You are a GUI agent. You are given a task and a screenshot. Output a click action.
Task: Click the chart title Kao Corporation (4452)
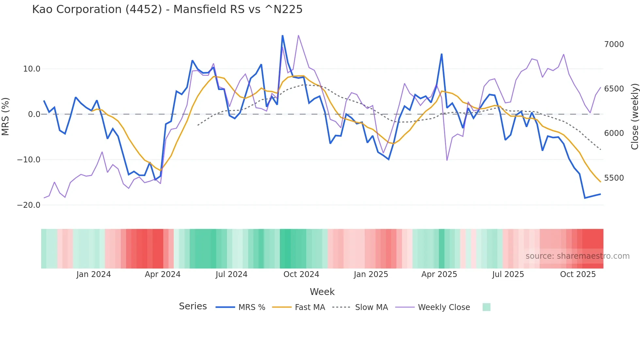point(167,9)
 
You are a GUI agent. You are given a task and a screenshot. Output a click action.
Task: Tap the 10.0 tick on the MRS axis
point(32,69)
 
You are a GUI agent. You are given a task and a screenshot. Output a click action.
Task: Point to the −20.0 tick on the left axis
point(29,205)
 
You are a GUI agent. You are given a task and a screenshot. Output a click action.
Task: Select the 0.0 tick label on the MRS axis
point(34,114)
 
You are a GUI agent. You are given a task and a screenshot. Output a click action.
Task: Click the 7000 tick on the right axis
point(614,44)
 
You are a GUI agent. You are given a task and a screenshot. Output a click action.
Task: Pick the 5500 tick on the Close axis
point(614,178)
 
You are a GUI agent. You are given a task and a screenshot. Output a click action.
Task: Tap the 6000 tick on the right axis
point(614,133)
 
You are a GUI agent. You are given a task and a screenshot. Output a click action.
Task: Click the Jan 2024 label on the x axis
point(94,274)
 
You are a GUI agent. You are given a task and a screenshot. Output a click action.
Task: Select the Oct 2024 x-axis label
point(301,274)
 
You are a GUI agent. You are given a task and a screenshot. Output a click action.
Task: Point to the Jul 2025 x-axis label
point(508,274)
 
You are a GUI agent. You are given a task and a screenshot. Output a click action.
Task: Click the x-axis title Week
point(322,292)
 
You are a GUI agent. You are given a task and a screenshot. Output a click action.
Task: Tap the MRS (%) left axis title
point(6,117)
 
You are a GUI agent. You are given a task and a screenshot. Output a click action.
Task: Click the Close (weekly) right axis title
point(634,117)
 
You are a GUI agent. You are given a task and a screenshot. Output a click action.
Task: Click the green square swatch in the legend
point(486,307)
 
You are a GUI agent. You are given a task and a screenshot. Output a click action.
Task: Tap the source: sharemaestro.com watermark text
point(577,256)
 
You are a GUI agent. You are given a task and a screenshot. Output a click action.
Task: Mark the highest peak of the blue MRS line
point(282,36)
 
